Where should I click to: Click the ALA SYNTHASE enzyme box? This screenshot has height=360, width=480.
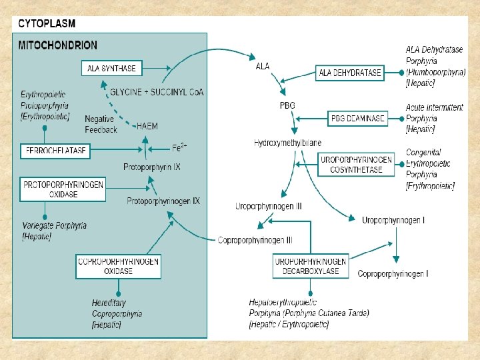point(112,68)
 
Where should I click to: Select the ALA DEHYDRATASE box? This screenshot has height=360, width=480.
point(350,73)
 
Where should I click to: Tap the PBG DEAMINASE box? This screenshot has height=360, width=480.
point(358,119)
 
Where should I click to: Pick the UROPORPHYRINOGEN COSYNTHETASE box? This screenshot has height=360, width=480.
point(356,165)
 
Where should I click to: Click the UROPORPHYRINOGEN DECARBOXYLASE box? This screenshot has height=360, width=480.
point(311,266)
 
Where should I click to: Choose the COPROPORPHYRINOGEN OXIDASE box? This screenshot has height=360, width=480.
point(118,266)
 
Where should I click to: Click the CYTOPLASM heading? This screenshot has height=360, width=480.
point(47,23)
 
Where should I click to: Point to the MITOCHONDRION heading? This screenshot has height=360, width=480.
point(57,45)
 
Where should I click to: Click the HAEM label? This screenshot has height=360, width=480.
point(147,125)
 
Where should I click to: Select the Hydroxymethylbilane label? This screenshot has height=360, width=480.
point(287,143)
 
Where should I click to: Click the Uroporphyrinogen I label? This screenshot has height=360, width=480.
point(393,220)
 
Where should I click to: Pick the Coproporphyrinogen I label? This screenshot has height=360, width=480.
point(393,273)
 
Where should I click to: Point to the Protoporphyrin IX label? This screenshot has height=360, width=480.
point(152,167)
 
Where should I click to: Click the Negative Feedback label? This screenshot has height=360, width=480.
point(101,124)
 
